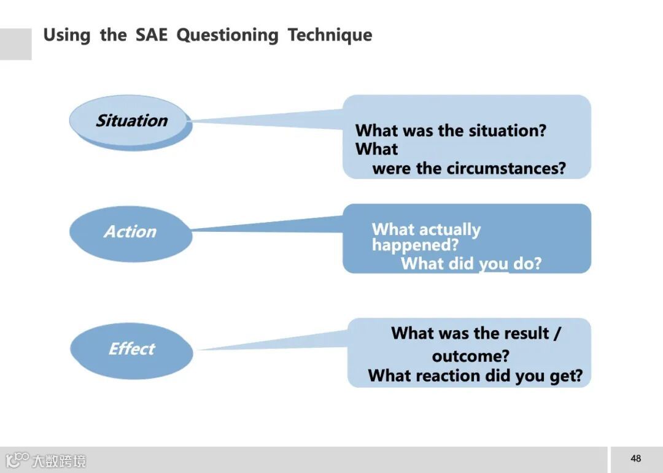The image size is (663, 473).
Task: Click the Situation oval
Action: pos(130,121)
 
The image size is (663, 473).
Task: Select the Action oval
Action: pos(130,232)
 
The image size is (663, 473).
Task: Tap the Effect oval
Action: pos(131,349)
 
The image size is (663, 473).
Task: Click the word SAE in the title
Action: pos(151,35)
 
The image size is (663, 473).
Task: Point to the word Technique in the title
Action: pos(330,35)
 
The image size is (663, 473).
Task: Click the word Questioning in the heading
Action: pos(227,35)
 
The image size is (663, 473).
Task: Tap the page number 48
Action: pos(635,458)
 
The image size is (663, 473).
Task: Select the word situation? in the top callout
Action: pos(507,130)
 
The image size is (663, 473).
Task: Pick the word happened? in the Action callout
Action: pos(415,245)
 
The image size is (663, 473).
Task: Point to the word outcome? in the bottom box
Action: pos(470,356)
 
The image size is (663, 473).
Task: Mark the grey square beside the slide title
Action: pos(15,44)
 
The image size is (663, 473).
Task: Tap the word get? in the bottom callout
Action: pos(565,375)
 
